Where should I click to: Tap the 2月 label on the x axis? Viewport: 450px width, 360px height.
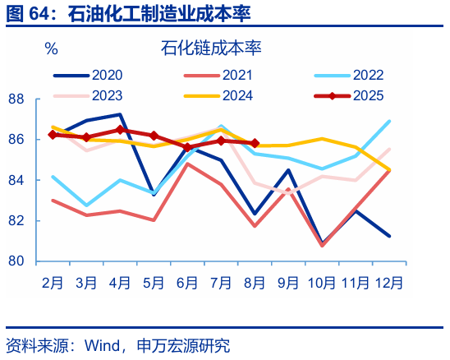(53, 282)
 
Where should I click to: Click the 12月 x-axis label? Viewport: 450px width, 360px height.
(388, 282)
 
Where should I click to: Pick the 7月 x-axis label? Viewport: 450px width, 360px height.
(221, 282)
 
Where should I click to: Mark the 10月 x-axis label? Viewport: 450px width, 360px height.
(321, 282)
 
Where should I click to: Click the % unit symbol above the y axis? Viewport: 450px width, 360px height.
(51, 48)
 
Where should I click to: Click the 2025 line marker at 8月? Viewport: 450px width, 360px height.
(255, 143)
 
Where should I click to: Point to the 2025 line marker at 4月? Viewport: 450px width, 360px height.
(120, 129)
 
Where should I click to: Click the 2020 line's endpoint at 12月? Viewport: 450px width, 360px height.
(388, 236)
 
